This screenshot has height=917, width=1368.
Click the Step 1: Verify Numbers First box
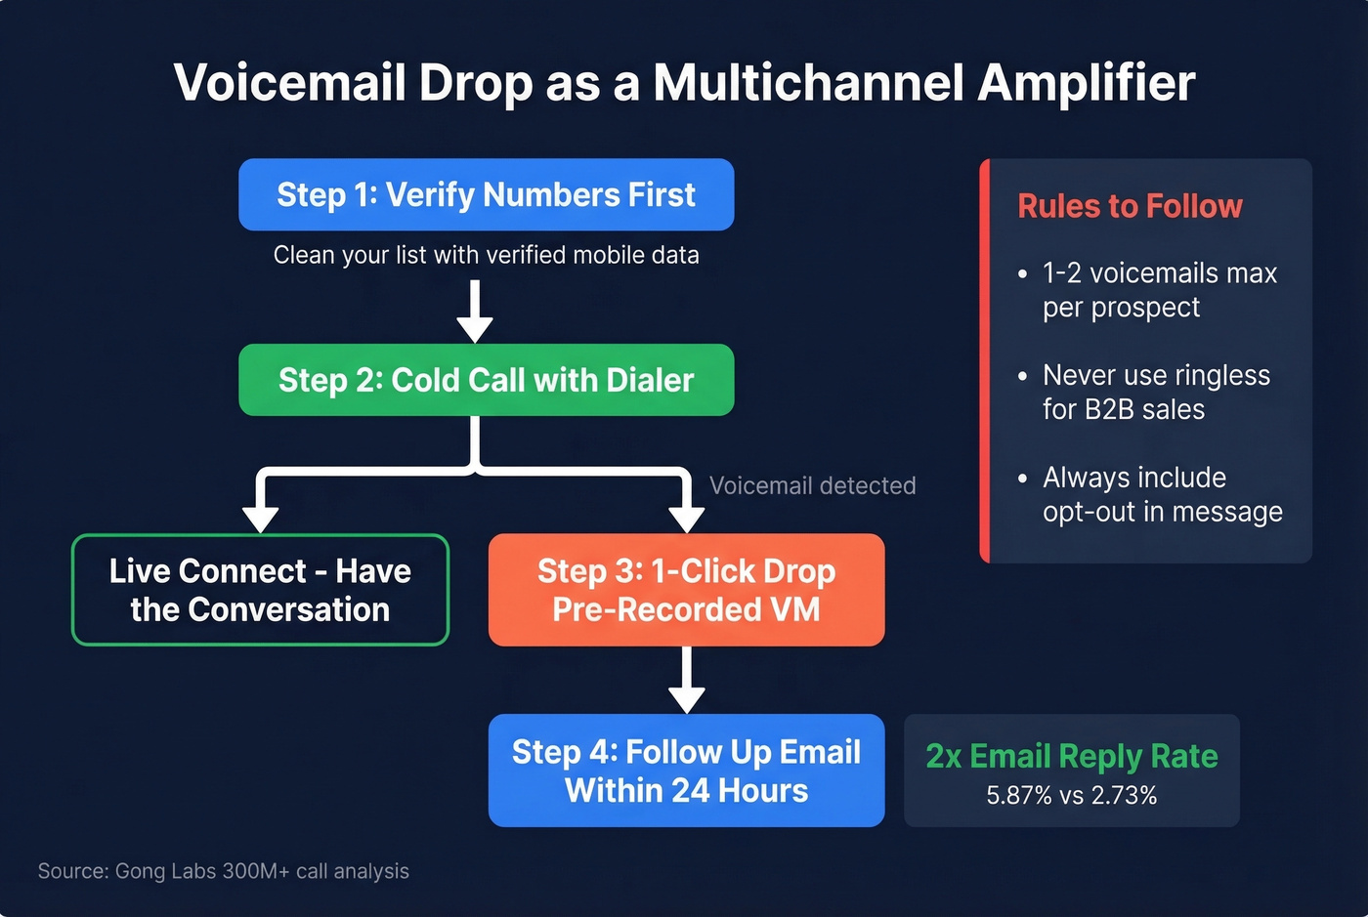pos(486,194)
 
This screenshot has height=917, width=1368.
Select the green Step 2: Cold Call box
pos(486,380)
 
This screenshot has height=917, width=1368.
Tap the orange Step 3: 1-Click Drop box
pos(686,590)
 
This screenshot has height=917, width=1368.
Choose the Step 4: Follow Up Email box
pos(686,771)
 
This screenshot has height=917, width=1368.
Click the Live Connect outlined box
pos(260,590)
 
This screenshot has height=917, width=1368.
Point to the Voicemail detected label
pos(812,485)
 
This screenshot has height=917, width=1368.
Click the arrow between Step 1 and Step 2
pos(475,311)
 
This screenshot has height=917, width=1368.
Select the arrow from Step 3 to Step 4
pos(686,681)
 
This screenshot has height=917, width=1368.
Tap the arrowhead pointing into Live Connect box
pos(260,517)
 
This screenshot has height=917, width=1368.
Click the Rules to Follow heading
pos(1130,206)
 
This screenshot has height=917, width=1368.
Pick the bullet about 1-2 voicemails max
pos(1159,290)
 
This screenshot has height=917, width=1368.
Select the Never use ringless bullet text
pos(1156,392)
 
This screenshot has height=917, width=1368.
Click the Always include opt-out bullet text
pos(1162,494)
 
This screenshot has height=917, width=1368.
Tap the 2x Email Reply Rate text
pos(1071,756)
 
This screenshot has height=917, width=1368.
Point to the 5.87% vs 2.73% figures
pos(1071,796)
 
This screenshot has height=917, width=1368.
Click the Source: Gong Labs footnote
pos(223,871)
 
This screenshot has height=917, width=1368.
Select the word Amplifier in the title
pos(1086,83)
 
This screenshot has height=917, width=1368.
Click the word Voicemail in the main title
pos(289,83)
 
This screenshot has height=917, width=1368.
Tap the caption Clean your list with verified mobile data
pos(486,255)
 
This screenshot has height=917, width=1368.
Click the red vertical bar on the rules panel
pos(984,360)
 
